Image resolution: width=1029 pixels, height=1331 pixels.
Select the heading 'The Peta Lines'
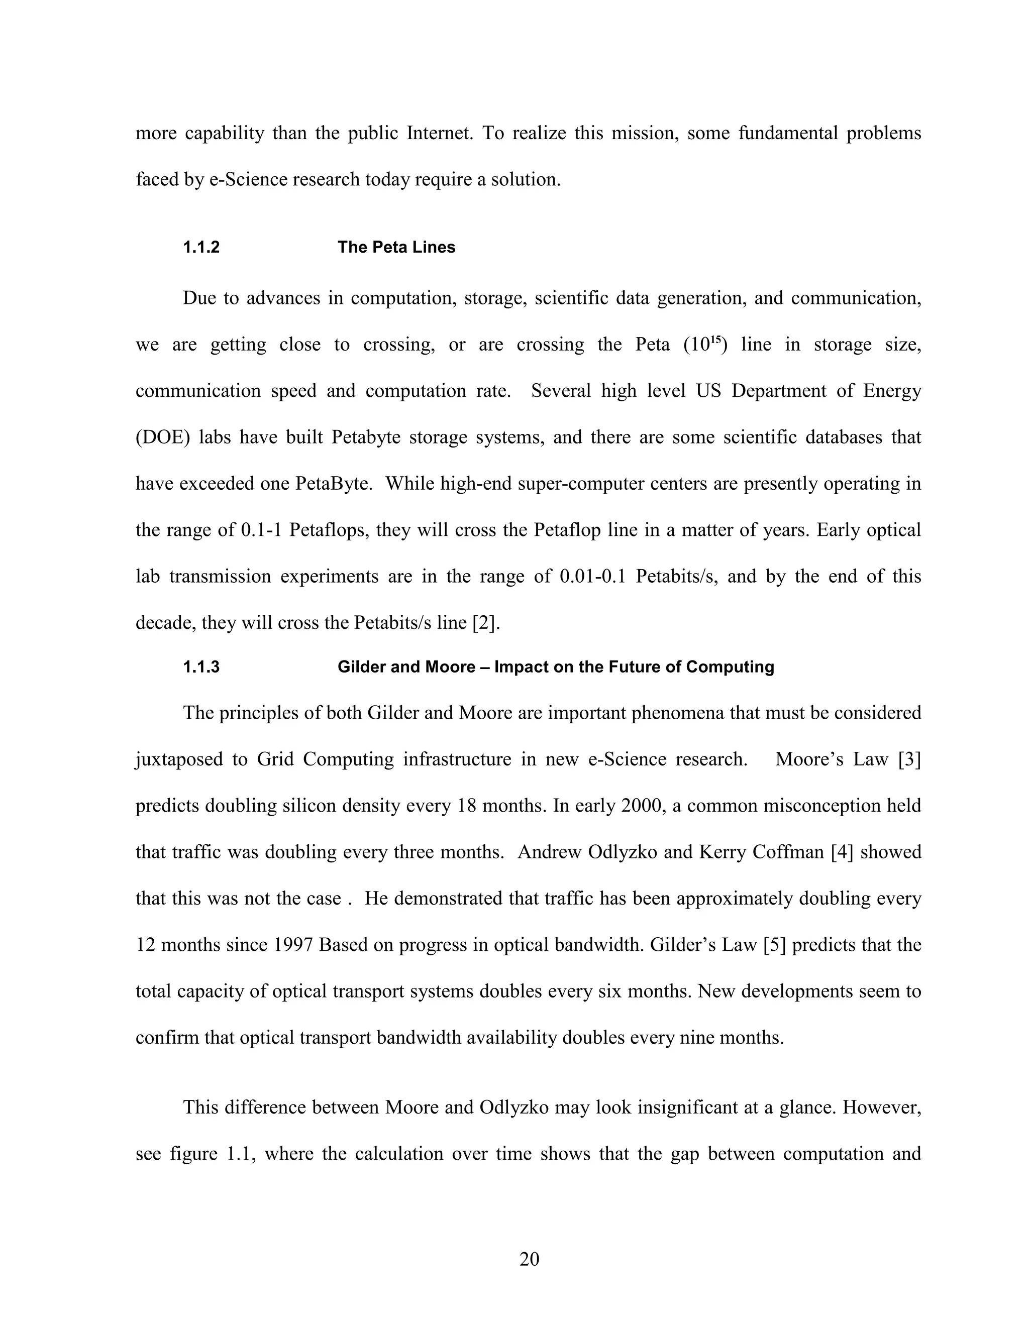pyautogui.click(x=396, y=248)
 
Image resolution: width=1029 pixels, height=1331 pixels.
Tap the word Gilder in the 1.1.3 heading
pyautogui.click(x=362, y=667)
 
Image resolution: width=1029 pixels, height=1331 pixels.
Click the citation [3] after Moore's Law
pyautogui.click(x=909, y=759)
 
